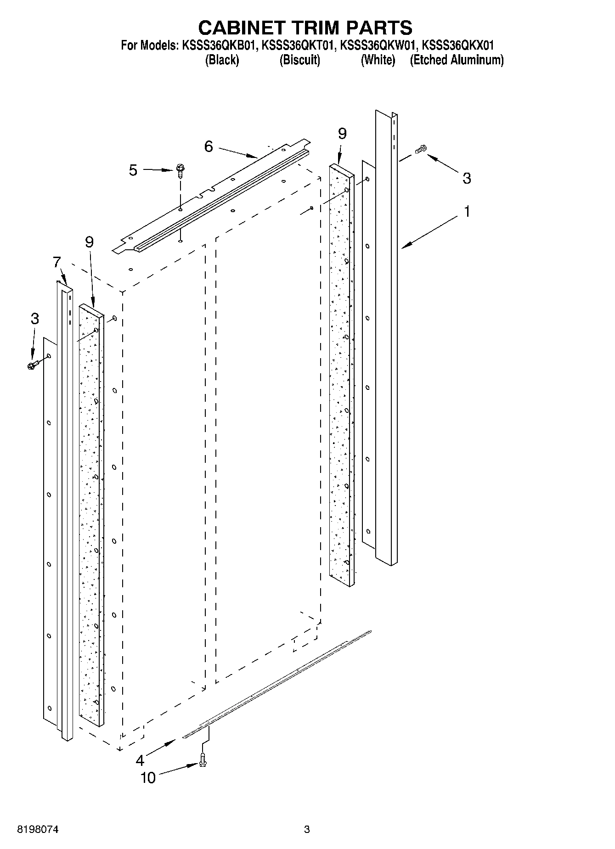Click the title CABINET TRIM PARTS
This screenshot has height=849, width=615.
(305, 28)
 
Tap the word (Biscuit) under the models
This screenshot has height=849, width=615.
(299, 60)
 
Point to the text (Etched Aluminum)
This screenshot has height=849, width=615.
(457, 60)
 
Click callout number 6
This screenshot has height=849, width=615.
(209, 146)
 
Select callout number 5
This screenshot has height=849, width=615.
(133, 170)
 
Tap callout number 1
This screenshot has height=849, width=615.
(467, 212)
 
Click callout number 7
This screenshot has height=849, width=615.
(56, 262)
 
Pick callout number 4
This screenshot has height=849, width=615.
(140, 760)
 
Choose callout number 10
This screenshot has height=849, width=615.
(148, 777)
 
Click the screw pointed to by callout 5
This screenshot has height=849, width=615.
(180, 170)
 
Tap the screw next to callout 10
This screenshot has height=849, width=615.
(203, 761)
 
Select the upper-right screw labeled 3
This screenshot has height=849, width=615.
(420, 150)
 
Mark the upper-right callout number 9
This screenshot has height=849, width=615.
(342, 134)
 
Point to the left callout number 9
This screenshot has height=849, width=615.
(89, 242)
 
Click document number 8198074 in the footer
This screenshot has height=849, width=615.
(38, 829)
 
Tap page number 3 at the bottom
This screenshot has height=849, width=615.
(307, 829)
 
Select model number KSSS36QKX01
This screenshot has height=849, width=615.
(457, 45)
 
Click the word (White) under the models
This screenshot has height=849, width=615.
(378, 60)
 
